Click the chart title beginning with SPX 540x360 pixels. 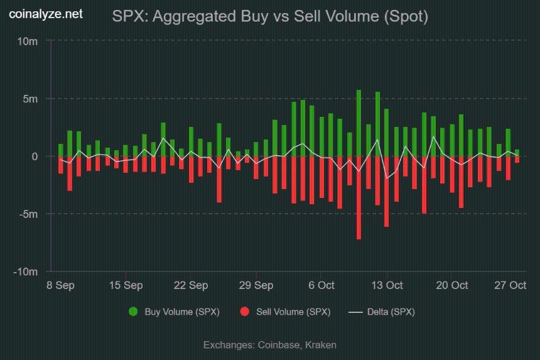270,17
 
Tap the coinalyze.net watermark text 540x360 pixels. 45,13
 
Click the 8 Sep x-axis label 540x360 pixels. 60,285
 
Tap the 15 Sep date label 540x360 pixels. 126,285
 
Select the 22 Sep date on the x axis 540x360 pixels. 191,285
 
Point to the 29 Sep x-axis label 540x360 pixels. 256,285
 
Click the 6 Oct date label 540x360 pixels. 321,285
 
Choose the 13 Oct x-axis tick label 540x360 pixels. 387,285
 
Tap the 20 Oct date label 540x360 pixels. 452,285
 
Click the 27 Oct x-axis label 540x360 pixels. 510,285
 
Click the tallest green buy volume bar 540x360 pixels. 359,123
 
